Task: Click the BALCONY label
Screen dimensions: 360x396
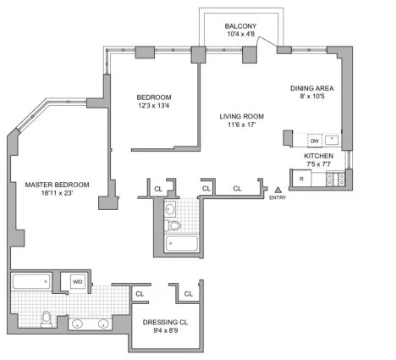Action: click(240, 26)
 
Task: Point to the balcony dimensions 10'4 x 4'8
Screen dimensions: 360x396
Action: click(240, 36)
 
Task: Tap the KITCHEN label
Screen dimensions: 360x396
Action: click(318, 157)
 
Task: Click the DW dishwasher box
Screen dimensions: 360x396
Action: click(314, 141)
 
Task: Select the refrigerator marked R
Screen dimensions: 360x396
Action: click(302, 179)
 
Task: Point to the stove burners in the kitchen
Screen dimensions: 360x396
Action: click(340, 179)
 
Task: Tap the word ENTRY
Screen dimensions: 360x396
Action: click(277, 198)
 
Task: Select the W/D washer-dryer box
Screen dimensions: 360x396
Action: click(77, 282)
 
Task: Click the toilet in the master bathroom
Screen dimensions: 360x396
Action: click(49, 318)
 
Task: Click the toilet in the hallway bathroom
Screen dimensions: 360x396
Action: click(175, 226)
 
